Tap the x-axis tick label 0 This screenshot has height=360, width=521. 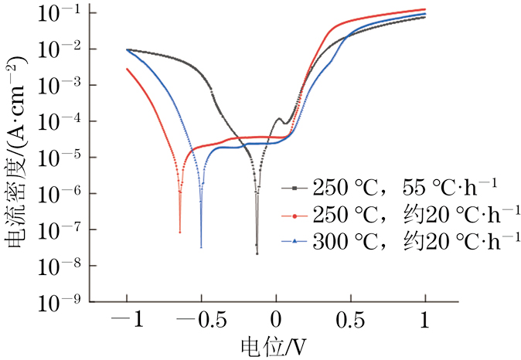pos(276,318)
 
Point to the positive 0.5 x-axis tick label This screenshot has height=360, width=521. pos(350,318)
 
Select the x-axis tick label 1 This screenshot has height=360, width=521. pos(425,318)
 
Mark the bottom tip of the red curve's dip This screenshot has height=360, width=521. pos(180,232)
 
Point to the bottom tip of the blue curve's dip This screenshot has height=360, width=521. pos(201,246)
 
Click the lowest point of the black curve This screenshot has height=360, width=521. pos(257,253)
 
